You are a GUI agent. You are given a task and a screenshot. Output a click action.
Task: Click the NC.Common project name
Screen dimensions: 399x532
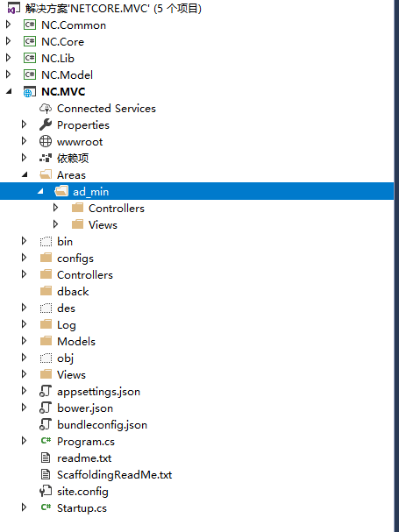click(x=74, y=25)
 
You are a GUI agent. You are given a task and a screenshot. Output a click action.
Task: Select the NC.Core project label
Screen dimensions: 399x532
click(x=62, y=42)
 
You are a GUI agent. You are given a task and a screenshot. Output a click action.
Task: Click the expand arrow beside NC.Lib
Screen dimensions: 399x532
click(x=9, y=58)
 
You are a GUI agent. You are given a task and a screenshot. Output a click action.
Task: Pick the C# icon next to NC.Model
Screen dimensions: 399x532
click(x=30, y=74)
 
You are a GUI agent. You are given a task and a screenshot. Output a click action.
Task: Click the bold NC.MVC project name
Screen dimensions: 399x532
click(x=63, y=92)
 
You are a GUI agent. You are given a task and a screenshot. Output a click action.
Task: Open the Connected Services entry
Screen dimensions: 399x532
click(x=106, y=108)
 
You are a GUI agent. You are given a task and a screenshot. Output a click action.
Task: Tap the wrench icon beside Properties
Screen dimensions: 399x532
click(x=46, y=124)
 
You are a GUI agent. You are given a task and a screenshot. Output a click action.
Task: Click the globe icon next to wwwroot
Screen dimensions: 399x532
click(x=46, y=141)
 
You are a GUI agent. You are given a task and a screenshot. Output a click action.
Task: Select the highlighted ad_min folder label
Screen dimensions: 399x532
click(x=90, y=192)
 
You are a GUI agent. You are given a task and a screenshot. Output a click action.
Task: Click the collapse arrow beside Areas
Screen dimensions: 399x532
click(x=25, y=174)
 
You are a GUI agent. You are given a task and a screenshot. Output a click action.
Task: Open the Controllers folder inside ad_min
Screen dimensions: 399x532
click(x=117, y=208)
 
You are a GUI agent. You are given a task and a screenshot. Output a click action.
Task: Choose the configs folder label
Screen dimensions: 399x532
click(x=75, y=259)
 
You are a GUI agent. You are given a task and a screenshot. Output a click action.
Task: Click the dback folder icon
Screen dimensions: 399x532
click(x=46, y=291)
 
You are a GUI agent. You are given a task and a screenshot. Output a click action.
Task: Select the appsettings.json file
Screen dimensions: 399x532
click(x=98, y=392)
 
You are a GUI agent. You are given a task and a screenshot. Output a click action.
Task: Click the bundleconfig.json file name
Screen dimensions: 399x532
click(x=102, y=425)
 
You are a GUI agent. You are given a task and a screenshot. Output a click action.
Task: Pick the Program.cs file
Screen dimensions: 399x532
click(x=86, y=442)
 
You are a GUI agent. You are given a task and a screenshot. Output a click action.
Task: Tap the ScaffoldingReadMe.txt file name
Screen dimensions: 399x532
click(x=114, y=475)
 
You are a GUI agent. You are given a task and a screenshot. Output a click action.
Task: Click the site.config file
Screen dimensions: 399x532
click(x=82, y=492)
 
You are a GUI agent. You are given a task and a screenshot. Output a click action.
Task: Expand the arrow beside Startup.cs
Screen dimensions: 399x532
click(x=24, y=507)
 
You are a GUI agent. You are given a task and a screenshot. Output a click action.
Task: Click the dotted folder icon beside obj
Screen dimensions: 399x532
click(x=46, y=358)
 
